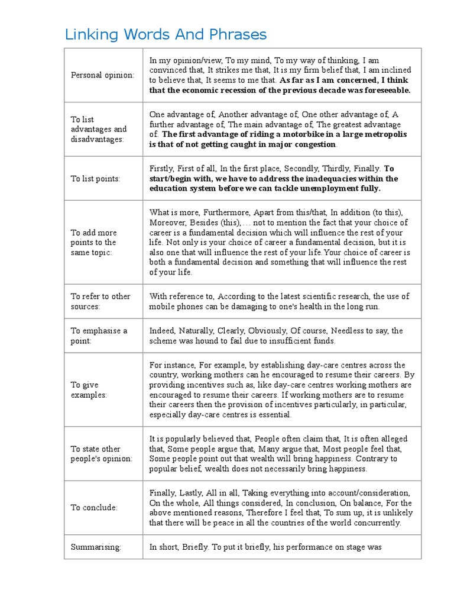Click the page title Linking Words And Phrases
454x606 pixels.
166,34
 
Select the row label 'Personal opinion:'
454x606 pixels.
102,75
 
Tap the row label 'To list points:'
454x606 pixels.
95,178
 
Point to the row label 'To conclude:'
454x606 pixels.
94,508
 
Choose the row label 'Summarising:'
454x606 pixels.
96,547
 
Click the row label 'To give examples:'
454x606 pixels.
89,389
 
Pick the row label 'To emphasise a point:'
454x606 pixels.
99,336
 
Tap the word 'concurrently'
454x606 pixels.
377,523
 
